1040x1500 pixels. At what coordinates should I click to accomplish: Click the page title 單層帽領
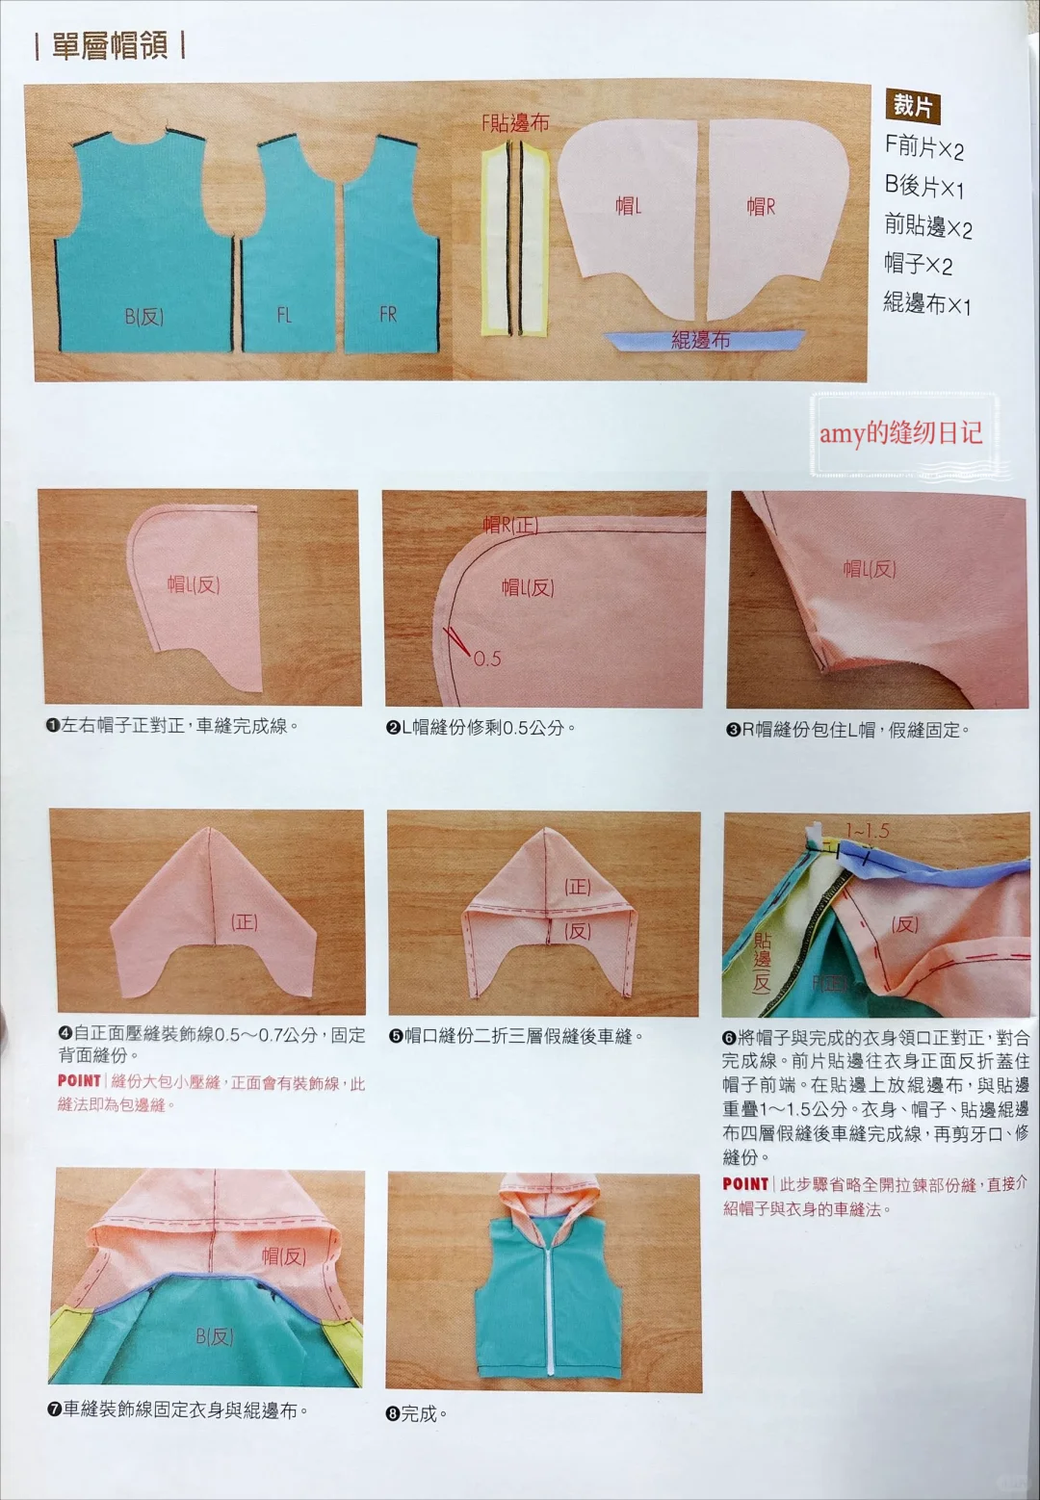tap(109, 45)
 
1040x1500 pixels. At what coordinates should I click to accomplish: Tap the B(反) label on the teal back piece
tap(143, 317)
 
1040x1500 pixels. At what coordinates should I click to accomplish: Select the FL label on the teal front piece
tap(284, 315)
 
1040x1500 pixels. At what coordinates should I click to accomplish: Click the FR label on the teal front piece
tap(388, 314)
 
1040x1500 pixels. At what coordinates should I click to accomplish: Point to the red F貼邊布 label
tap(515, 123)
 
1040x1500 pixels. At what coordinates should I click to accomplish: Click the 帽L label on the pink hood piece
tap(628, 206)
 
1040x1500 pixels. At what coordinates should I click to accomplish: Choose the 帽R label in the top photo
tap(761, 207)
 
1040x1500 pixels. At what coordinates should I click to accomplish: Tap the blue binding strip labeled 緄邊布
tap(703, 340)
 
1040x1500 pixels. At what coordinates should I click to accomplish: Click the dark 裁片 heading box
tap(912, 106)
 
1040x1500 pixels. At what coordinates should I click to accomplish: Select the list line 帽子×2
tap(919, 264)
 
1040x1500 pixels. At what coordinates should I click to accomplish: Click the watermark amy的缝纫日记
tap(900, 433)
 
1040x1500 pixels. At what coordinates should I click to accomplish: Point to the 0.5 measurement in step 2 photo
tap(487, 659)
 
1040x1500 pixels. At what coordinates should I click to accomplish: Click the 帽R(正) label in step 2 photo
tap(510, 525)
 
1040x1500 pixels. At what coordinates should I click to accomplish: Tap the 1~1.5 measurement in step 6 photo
tap(867, 830)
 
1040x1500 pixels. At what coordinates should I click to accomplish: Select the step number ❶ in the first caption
tap(53, 726)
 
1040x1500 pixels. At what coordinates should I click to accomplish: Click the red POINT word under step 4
tap(79, 1081)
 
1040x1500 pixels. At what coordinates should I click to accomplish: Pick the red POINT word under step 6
tap(745, 1184)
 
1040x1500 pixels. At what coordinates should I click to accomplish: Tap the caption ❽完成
tap(417, 1413)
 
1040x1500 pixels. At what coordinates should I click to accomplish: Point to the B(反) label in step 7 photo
tap(214, 1336)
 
